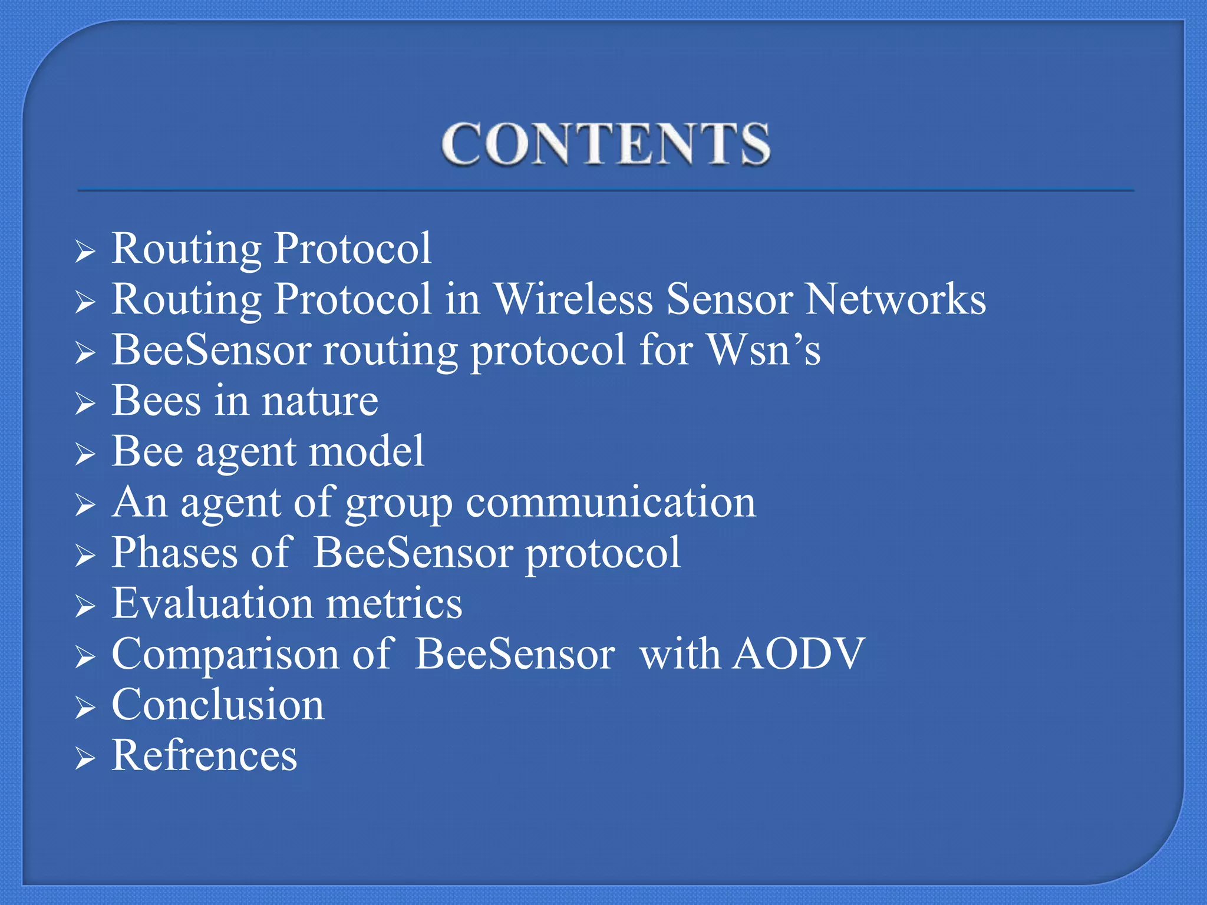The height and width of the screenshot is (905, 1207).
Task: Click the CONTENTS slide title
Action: pyautogui.click(x=606, y=144)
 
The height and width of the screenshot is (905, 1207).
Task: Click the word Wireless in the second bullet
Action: pyautogui.click(x=573, y=299)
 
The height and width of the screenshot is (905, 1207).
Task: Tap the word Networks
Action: pyautogui.click(x=896, y=299)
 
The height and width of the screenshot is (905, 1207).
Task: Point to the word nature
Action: pyautogui.click(x=320, y=401)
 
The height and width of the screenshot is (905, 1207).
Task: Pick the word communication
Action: pyautogui.click(x=611, y=503)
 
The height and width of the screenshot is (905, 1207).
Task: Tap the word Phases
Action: pyautogui.click(x=175, y=553)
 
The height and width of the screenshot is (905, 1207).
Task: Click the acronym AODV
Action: pyautogui.click(x=798, y=654)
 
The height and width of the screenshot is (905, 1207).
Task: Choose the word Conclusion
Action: pyautogui.click(x=218, y=705)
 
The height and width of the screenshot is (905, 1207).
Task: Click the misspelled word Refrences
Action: pyautogui.click(x=205, y=755)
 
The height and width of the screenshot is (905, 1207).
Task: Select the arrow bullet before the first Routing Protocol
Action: pyautogui.click(x=85, y=252)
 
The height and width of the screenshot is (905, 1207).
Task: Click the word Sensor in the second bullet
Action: pyautogui.click(x=730, y=299)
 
